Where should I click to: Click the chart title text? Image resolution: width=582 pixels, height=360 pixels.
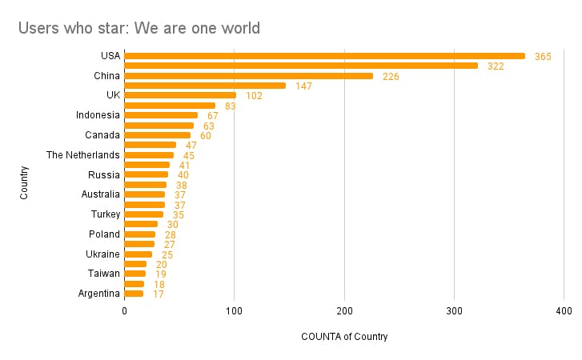point(139,29)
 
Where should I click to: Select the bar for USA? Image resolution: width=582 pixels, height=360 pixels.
point(324,56)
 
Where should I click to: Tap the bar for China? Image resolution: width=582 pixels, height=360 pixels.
point(248,76)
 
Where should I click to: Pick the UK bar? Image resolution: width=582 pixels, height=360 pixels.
point(180,95)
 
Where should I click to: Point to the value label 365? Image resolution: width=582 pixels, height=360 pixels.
point(543,57)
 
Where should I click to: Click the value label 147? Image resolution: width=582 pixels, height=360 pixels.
point(303,86)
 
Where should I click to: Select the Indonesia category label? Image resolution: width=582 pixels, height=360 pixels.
point(98,115)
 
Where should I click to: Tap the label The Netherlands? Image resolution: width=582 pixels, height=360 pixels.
point(83,155)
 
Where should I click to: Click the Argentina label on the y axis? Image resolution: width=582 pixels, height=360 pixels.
point(99,294)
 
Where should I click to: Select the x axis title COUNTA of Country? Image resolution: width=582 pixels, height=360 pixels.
point(344,337)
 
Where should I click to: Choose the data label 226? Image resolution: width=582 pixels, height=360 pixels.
point(391,77)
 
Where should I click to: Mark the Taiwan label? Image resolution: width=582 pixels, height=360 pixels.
point(104,274)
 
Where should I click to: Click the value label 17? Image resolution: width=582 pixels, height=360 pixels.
point(159,294)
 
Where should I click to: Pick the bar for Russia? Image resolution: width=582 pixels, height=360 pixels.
point(147,174)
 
